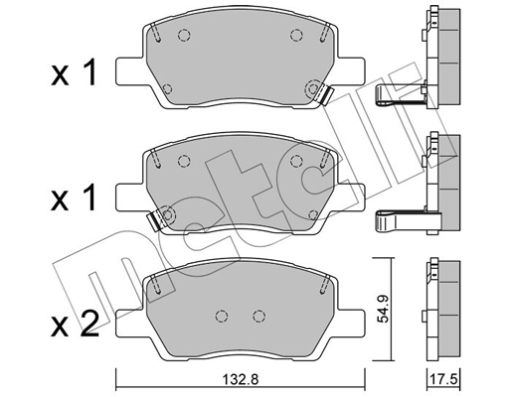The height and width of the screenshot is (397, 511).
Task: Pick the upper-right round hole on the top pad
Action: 295,38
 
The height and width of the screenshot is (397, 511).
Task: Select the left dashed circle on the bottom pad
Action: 220,317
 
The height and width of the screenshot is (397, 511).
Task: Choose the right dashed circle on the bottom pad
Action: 257,317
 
